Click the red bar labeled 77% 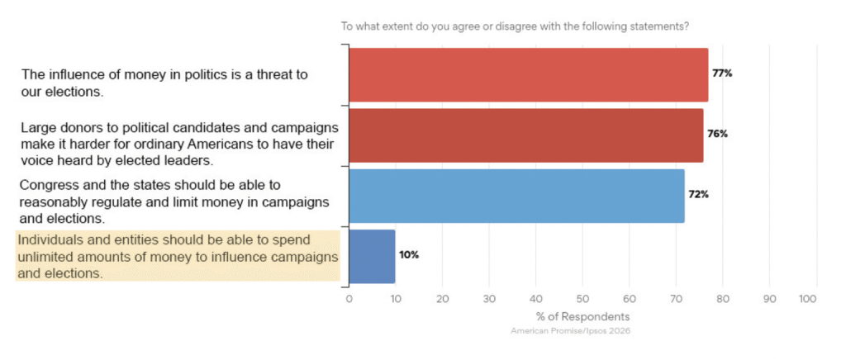529,73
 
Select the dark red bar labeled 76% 526,135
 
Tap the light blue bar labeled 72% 517,195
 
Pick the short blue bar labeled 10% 373,255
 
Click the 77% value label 723,73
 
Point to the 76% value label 718,135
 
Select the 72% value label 699,195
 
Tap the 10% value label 410,255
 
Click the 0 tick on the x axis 349,298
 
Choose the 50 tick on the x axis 582,298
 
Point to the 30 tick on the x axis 489,298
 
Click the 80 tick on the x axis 723,298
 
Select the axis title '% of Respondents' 582,317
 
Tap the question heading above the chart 516,26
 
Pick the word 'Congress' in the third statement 46,185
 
